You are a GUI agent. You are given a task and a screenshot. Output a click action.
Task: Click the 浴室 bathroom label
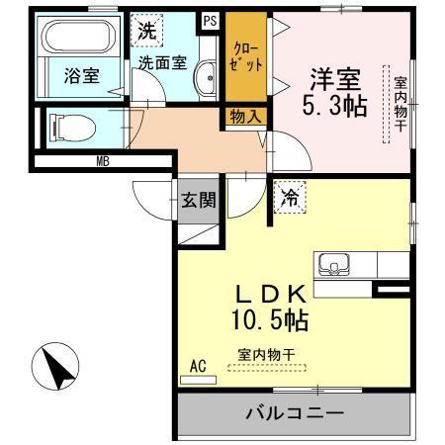click(x=82, y=76)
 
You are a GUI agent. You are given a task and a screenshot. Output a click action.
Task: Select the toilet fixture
click(x=71, y=127)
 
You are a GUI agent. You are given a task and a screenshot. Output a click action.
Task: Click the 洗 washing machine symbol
click(x=146, y=31)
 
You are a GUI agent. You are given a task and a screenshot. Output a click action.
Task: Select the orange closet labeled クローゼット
click(x=247, y=57)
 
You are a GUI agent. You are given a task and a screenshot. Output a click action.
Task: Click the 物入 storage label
click(x=247, y=117)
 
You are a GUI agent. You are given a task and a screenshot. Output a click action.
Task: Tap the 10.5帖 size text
click(x=270, y=320)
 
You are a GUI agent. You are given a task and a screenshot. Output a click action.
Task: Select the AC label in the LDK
click(x=197, y=367)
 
